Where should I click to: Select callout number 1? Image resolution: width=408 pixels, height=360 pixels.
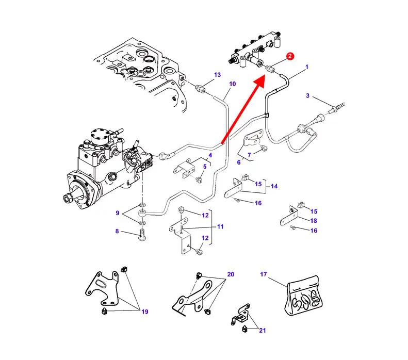click(307, 67)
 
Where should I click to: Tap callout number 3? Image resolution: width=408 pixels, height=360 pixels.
click(308, 95)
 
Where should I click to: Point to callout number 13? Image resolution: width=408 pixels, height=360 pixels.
click(217, 75)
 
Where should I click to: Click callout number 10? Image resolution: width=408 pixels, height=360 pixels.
click(232, 84)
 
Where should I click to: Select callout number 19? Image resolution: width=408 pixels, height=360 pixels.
click(145, 312)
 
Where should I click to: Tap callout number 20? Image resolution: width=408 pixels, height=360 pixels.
click(230, 274)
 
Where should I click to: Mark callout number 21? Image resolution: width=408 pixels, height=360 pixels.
click(262, 330)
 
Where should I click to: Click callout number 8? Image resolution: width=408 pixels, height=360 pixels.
click(117, 232)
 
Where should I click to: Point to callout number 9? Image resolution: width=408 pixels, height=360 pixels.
click(118, 213)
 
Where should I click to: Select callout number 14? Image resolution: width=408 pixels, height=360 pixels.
click(274, 186)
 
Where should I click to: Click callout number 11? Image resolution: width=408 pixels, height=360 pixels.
click(220, 226)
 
